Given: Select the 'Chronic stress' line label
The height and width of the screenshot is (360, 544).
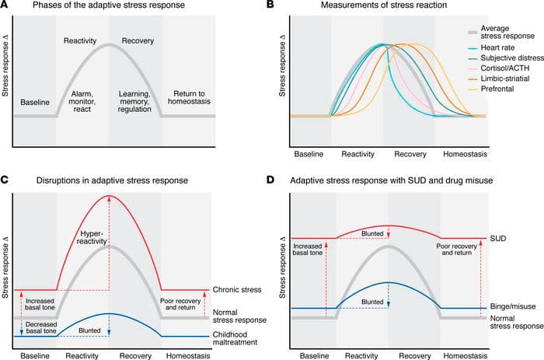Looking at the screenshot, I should (x=234, y=291).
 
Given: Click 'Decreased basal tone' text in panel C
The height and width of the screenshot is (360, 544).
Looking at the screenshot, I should (x=37, y=328).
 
